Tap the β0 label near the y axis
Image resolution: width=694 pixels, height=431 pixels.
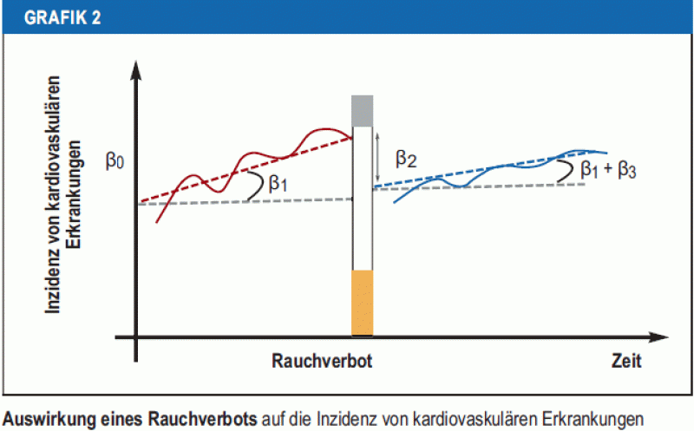tap(116, 161)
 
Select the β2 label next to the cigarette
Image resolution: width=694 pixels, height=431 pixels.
tap(406, 158)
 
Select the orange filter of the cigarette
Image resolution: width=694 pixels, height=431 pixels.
tap(362, 302)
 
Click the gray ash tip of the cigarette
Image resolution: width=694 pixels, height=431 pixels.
tap(362, 110)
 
